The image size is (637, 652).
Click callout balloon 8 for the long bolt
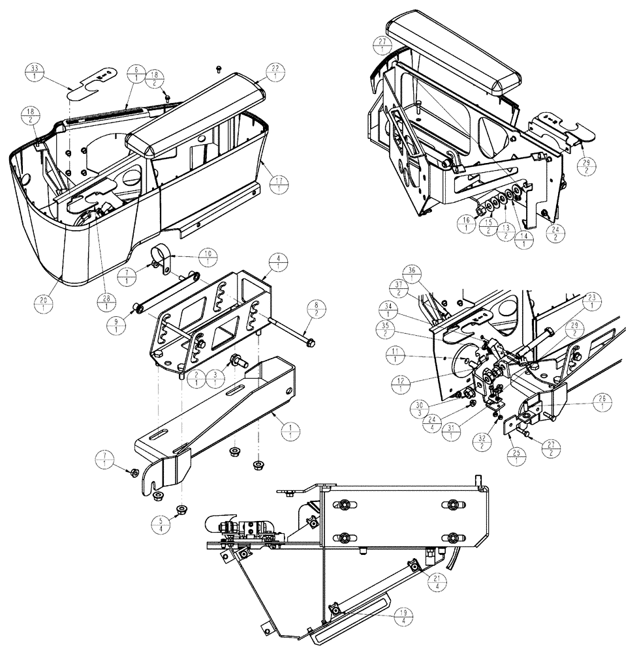316,308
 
